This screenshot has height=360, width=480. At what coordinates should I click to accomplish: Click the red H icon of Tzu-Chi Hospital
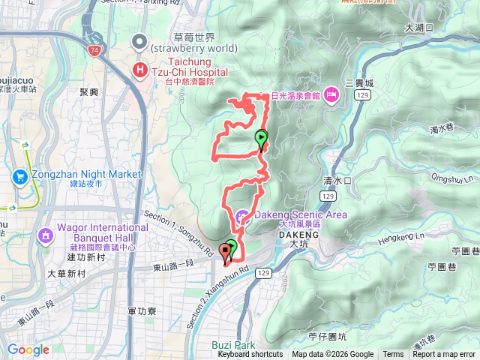139,70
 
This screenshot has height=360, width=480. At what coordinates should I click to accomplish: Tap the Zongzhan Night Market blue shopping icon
20,177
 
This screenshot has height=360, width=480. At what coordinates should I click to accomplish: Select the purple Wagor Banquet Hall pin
46,236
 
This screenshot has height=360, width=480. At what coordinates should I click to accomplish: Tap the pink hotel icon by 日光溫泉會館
331,95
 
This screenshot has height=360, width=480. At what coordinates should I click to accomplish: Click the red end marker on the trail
225,252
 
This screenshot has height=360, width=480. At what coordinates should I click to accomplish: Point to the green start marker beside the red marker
232,247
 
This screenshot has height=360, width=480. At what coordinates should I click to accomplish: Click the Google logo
28,349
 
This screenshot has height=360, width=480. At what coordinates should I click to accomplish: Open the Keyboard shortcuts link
250,355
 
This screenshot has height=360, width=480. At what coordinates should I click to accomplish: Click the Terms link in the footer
393,355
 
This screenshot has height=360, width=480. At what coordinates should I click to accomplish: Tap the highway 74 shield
94,50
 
